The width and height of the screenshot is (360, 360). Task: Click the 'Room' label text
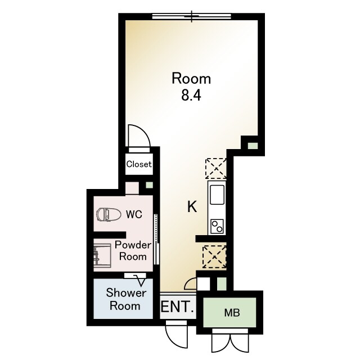191,79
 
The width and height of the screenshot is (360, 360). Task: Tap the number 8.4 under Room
191,95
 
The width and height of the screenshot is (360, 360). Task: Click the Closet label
139,164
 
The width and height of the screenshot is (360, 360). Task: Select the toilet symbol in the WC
109,215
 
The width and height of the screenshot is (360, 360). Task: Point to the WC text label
134,214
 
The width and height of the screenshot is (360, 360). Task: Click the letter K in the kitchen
192,206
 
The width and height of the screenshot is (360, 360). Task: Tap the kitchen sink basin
217,195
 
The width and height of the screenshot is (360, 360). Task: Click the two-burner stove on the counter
217,226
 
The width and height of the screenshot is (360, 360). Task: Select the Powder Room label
133,250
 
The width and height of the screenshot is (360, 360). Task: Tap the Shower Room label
126,299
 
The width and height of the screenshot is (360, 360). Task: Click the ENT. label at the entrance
178,307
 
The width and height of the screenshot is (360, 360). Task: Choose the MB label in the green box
232,313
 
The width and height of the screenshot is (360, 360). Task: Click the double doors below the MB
230,341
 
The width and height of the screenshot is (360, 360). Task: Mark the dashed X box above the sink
216,169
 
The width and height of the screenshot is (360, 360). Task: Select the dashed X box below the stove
214,256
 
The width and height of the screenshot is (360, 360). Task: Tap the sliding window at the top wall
192,16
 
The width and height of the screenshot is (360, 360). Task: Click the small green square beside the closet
150,185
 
